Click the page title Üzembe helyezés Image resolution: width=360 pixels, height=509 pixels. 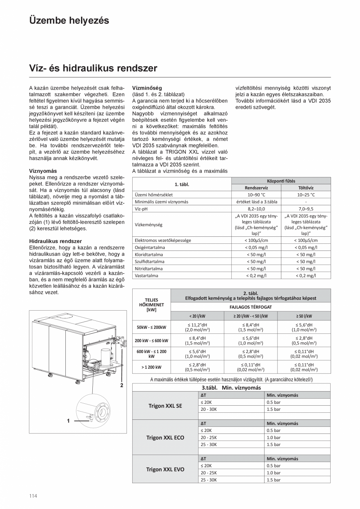(x=69, y=20)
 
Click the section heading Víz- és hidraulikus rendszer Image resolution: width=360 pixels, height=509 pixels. (x=93, y=68)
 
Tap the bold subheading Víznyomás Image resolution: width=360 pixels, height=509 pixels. (x=43, y=171)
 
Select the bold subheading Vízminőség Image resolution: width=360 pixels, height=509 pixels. (x=147, y=88)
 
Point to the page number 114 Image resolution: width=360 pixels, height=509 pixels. (x=33, y=496)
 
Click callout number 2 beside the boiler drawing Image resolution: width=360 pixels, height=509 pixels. (x=122, y=385)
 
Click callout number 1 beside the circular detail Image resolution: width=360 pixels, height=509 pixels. (x=68, y=421)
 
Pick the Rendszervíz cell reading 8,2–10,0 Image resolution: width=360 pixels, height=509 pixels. (x=256, y=209)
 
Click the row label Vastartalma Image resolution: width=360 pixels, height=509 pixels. (x=146, y=275)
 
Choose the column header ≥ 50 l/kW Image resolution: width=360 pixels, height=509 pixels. (x=304, y=316)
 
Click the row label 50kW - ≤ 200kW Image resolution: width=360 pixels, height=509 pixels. (x=151, y=327)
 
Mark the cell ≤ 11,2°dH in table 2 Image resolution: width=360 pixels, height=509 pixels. (x=197, y=325)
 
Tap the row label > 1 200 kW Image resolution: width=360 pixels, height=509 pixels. (x=151, y=367)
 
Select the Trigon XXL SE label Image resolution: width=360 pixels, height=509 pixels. (x=165, y=406)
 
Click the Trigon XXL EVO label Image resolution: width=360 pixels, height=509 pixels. (x=165, y=469)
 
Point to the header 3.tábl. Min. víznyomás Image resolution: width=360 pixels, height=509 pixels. (x=231, y=387)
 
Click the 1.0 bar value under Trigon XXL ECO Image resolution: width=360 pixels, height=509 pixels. (x=274, y=437)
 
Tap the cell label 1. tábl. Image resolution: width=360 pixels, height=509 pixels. (x=182, y=184)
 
